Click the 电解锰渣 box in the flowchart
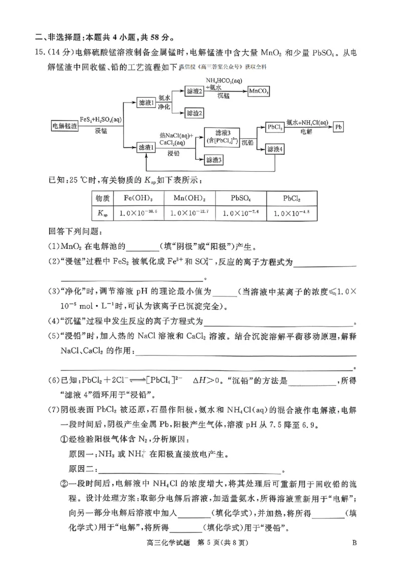[x=65, y=126]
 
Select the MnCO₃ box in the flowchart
[x=259, y=91]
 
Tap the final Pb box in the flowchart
[x=339, y=127]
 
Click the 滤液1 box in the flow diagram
[x=146, y=102]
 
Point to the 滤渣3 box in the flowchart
[x=214, y=160]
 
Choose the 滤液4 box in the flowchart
[x=275, y=149]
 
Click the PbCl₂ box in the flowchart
[x=275, y=127]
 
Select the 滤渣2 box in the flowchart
[x=195, y=114]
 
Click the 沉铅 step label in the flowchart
[x=248, y=143]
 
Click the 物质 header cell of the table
[x=101, y=198]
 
